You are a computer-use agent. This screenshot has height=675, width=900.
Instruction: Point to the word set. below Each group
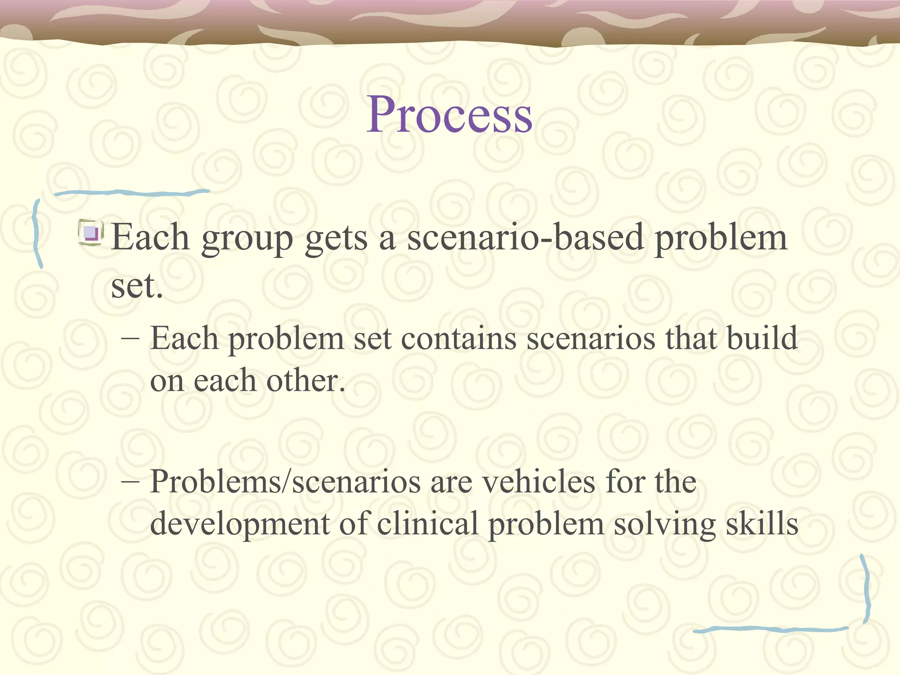pos(137,287)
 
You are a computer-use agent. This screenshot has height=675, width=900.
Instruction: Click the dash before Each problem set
pos(131,339)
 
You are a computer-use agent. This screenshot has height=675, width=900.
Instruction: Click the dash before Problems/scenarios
pos(131,482)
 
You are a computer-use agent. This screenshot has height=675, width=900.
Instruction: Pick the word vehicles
pos(539,482)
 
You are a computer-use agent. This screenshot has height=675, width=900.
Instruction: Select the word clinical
pos(427,524)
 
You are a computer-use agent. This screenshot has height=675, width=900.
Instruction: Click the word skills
pos(762,524)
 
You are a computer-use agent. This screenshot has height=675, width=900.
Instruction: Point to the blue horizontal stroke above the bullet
pos(132,192)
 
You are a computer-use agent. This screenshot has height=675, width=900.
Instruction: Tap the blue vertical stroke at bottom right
pos(866,589)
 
